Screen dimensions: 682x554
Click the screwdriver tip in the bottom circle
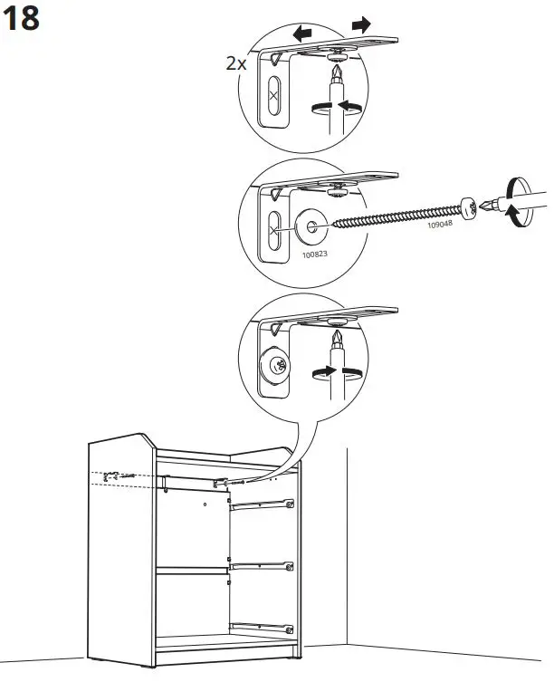[338, 341]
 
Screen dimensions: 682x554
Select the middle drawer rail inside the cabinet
[263, 566]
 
